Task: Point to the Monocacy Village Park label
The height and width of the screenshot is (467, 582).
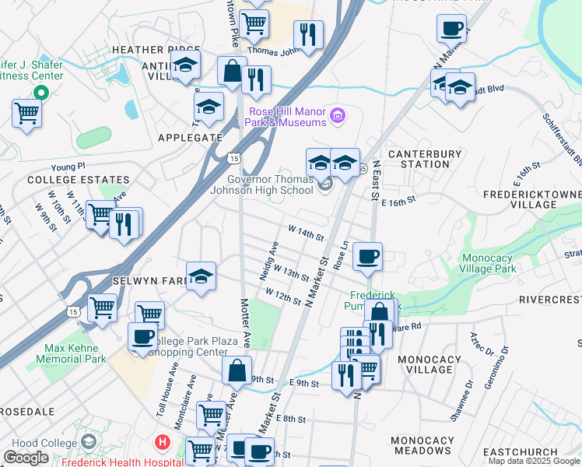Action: click(500, 263)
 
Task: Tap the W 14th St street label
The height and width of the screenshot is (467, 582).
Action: click(305, 233)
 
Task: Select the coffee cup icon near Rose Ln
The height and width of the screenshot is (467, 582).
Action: click(367, 255)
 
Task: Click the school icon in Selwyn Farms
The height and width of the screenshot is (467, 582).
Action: click(201, 276)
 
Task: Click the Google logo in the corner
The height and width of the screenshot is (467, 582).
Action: click(26, 458)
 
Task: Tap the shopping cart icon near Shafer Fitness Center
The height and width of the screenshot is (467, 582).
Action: click(26, 114)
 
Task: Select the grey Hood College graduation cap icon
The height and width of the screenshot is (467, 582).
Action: click(89, 443)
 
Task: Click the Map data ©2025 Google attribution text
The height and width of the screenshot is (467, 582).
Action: click(535, 461)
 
